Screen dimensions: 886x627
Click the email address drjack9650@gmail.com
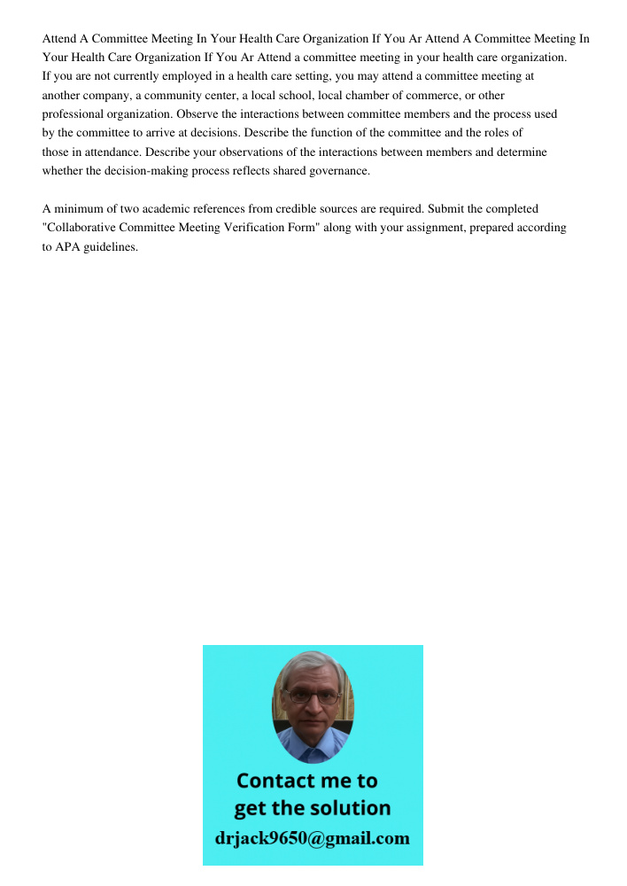[312, 838]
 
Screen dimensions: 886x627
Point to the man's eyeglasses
[313, 696]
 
